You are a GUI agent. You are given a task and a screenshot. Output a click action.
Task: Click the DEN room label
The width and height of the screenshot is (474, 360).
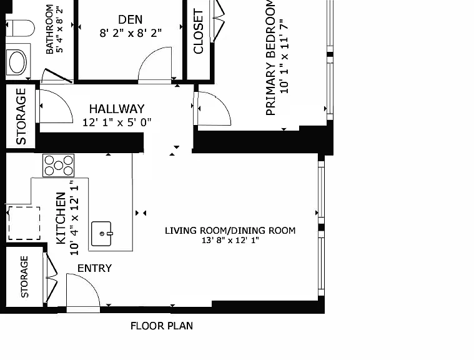[130, 19]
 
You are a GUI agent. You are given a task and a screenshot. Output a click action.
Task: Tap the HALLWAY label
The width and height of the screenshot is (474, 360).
[117, 109]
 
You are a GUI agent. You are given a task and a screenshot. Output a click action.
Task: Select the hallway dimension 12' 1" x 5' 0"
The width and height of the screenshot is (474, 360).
[117, 122]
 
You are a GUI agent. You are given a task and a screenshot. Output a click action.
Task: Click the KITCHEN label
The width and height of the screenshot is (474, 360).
[61, 218]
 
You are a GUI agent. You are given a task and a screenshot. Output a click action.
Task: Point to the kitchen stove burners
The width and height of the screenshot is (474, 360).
[58, 166]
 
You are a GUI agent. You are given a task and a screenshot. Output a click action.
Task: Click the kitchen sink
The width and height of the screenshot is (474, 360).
[102, 234]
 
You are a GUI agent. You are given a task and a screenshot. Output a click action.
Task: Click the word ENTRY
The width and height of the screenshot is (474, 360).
[95, 268]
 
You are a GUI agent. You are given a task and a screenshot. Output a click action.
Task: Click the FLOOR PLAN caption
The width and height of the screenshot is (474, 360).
[162, 326]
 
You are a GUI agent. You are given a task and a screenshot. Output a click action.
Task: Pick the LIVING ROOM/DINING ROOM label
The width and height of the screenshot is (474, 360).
[230, 231]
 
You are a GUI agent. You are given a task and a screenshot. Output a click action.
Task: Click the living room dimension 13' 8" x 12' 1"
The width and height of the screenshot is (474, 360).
[230, 241]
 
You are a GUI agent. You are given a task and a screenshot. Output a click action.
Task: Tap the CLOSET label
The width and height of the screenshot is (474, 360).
[198, 32]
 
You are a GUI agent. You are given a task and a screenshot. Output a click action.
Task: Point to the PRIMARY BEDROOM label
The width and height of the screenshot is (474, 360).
[271, 57]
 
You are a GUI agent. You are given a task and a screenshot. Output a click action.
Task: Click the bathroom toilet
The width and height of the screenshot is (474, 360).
[20, 28]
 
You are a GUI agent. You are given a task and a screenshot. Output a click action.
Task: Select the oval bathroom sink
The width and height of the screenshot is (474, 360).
[18, 62]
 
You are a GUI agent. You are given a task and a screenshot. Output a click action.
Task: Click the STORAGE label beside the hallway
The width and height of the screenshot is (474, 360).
[21, 116]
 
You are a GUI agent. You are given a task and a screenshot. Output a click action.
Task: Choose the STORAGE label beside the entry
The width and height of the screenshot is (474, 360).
[24, 277]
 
